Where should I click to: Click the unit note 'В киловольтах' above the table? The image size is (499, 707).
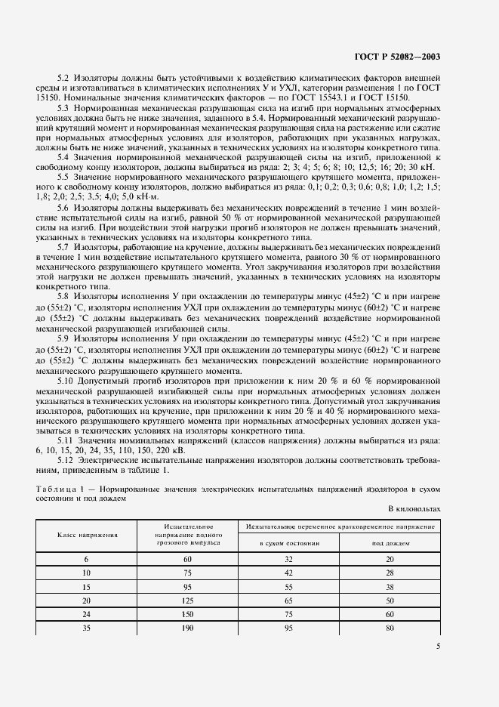pos(414,510)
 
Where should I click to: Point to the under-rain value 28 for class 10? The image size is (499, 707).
pos(390,573)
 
